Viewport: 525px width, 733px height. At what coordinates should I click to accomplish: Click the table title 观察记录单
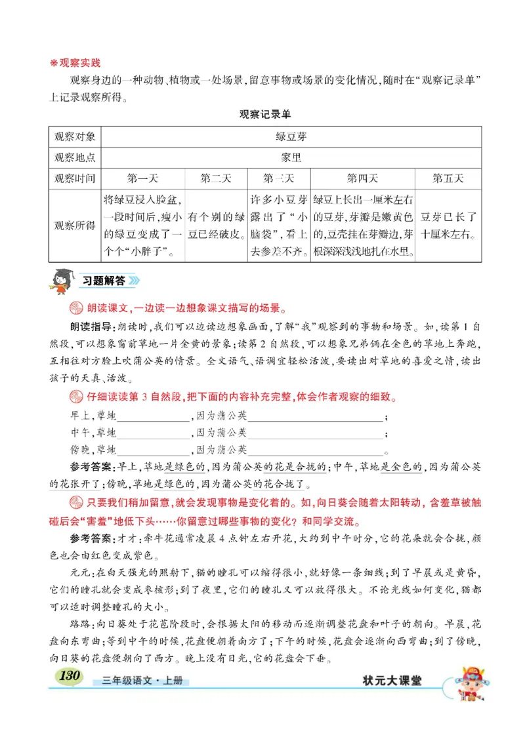tap(264, 114)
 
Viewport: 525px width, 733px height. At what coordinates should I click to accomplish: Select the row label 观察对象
tap(75, 137)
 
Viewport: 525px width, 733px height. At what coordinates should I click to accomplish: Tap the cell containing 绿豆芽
tap(291, 137)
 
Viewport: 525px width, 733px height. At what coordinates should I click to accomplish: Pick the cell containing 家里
tap(291, 157)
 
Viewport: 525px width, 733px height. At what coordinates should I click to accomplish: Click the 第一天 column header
tap(142, 178)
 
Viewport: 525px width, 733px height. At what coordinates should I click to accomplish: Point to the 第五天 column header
tap(448, 178)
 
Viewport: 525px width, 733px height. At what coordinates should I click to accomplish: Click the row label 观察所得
tap(75, 226)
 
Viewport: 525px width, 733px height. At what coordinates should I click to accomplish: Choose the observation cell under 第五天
tap(448, 226)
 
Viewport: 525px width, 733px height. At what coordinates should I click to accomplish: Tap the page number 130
tap(68, 677)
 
